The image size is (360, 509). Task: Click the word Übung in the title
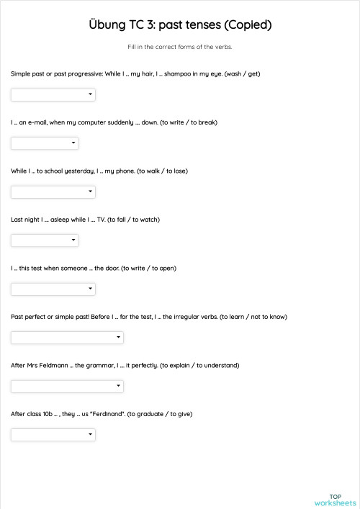pyautogui.click(x=107, y=25)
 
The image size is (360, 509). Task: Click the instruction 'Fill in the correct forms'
pyautogui.click(x=180, y=47)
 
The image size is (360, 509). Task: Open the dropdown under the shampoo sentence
pyautogui.click(x=53, y=94)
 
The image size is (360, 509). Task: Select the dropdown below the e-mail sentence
pyautogui.click(x=45, y=143)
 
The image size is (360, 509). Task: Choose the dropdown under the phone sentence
pyautogui.click(x=53, y=192)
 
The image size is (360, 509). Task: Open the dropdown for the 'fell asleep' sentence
pyautogui.click(x=45, y=240)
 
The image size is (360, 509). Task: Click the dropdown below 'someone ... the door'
pyautogui.click(x=53, y=289)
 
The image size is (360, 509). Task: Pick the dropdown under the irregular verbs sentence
pyautogui.click(x=67, y=337)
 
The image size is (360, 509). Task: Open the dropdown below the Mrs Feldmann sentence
pyautogui.click(x=67, y=386)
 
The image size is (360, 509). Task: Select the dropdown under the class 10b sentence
pyautogui.click(x=53, y=434)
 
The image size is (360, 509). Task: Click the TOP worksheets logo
pyautogui.click(x=335, y=500)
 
